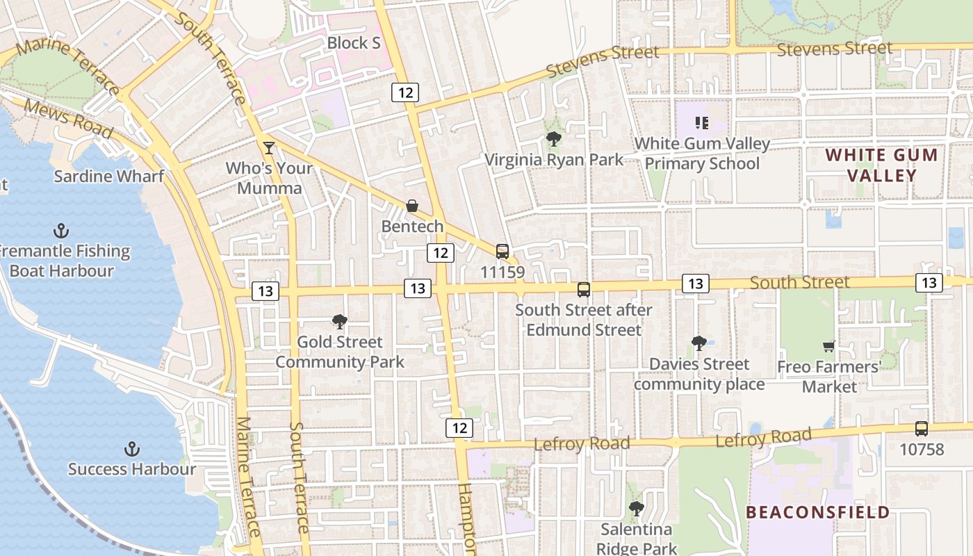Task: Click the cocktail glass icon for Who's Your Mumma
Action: tap(269, 147)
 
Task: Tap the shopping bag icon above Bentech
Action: tap(412, 206)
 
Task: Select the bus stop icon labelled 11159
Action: tap(502, 252)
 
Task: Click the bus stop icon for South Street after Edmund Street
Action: tap(584, 290)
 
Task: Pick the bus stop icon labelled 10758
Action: tap(922, 429)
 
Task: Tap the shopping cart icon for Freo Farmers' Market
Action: tap(828, 346)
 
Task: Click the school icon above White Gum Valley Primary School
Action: tap(702, 123)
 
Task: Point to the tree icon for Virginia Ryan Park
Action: tap(554, 139)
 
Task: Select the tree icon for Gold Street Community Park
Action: tap(340, 321)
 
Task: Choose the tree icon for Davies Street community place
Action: tap(699, 343)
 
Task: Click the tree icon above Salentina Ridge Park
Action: tap(636, 509)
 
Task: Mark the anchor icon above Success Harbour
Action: tap(131, 448)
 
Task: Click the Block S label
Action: tap(354, 43)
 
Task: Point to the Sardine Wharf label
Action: tap(109, 176)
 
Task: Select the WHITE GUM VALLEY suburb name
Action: tap(881, 165)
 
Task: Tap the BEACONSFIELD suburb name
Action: tap(817, 513)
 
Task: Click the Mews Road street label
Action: tap(68, 119)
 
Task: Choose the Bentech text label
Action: tap(412, 227)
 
